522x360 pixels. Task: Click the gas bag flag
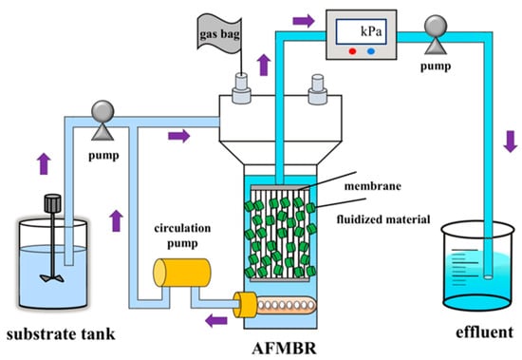point(219,33)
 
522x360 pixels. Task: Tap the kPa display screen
point(362,31)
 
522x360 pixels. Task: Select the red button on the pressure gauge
point(352,51)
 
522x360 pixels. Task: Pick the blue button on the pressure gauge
point(371,51)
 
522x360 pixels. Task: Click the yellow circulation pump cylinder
point(182,273)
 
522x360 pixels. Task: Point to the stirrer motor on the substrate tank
point(52,203)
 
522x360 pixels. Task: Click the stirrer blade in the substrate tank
point(52,278)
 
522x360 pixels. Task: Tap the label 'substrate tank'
point(61,334)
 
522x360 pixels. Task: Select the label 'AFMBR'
point(284,349)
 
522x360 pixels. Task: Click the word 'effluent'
point(484,332)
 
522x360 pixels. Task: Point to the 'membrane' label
point(373,185)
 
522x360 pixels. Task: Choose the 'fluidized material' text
point(383,219)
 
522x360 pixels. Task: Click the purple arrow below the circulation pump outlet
point(216,321)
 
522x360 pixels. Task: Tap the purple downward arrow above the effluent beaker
point(511,142)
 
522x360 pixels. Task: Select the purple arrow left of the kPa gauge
point(304,21)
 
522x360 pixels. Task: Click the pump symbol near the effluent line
point(436,34)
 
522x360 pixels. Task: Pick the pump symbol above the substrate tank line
point(103,121)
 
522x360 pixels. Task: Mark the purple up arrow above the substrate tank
point(44,163)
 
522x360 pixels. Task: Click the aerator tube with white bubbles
point(286,305)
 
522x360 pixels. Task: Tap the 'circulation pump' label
point(182,236)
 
